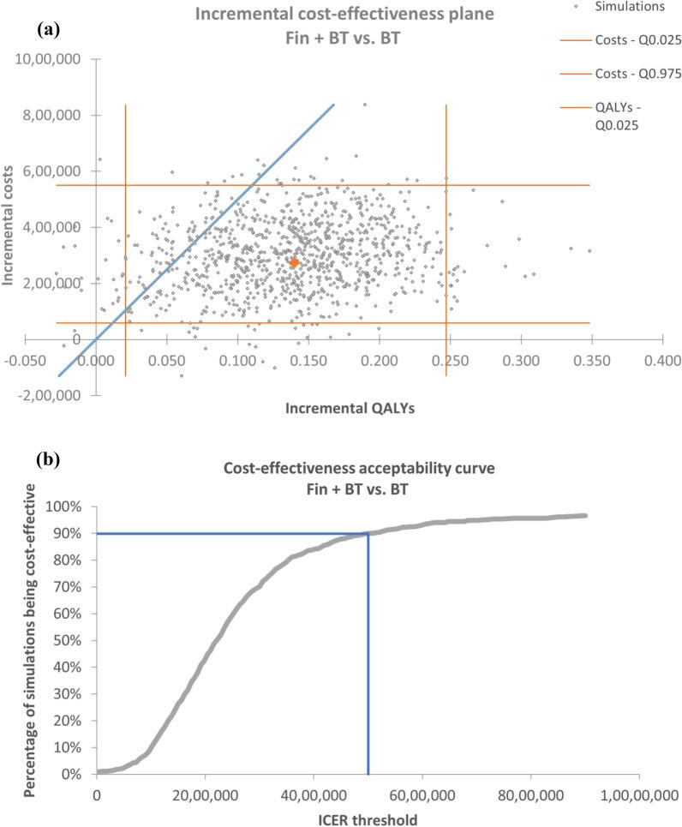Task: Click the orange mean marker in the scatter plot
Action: pyautogui.click(x=294, y=263)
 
